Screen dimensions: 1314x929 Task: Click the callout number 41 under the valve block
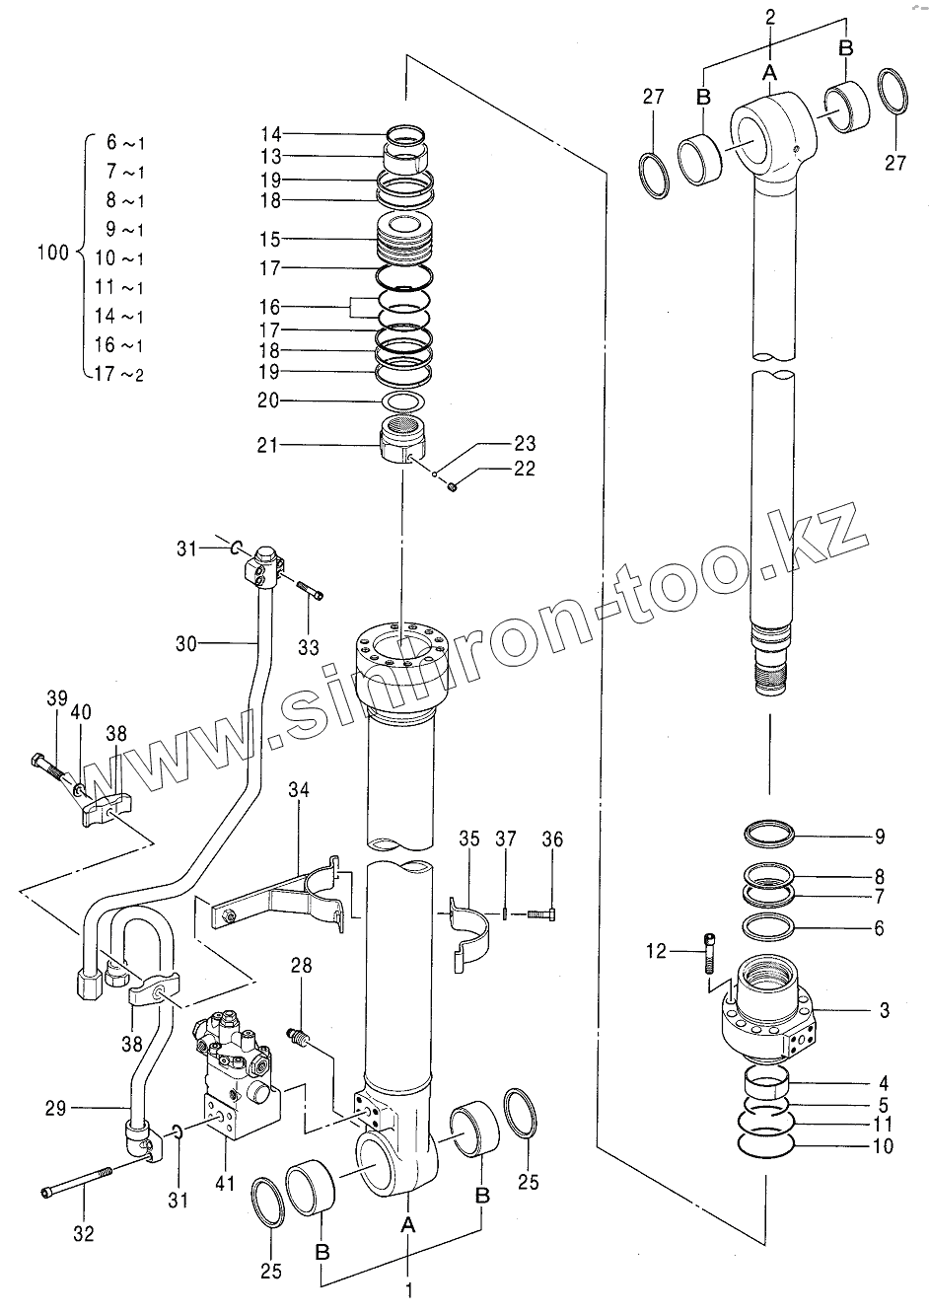click(226, 1183)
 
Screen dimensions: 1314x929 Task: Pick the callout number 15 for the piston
click(270, 240)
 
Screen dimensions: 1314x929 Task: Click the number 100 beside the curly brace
click(52, 253)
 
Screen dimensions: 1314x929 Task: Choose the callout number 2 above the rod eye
click(771, 16)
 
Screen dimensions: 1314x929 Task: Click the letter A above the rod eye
click(771, 71)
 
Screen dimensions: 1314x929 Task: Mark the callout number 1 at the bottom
click(408, 1289)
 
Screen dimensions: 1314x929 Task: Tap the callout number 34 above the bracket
click(300, 789)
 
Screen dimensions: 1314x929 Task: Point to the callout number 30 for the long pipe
click(186, 644)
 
